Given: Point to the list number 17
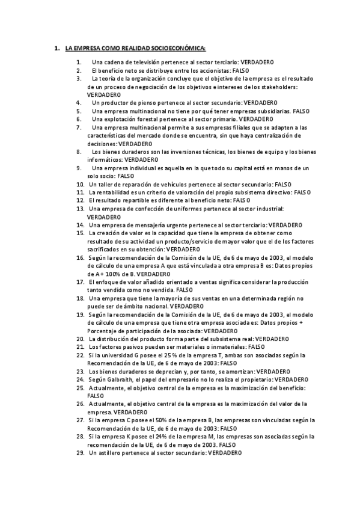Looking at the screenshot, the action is coord(79,281).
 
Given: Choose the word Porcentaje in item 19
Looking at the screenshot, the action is coord(102,330).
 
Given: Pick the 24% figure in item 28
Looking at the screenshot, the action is coord(166,436).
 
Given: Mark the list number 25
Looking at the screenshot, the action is coord(79,387).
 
